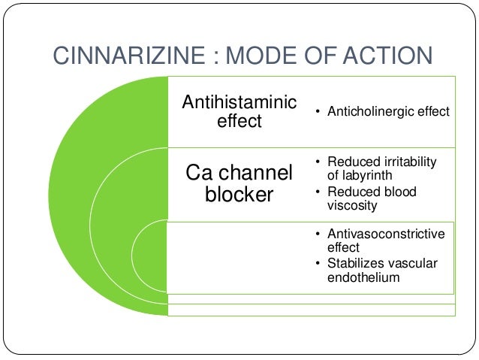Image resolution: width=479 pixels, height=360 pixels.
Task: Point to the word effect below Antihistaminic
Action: coord(239,122)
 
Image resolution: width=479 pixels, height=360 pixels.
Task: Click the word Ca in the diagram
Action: coord(199,174)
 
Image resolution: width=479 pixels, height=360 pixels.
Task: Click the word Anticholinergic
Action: coord(366,112)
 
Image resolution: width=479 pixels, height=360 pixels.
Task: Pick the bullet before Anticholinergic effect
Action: coord(318,113)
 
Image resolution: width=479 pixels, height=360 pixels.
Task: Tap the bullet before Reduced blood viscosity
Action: coord(318,192)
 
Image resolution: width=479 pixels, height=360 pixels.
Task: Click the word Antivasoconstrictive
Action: coord(386,234)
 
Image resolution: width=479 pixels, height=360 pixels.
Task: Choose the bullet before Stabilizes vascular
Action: coord(318,263)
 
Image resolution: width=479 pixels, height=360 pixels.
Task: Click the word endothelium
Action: coord(363,277)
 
